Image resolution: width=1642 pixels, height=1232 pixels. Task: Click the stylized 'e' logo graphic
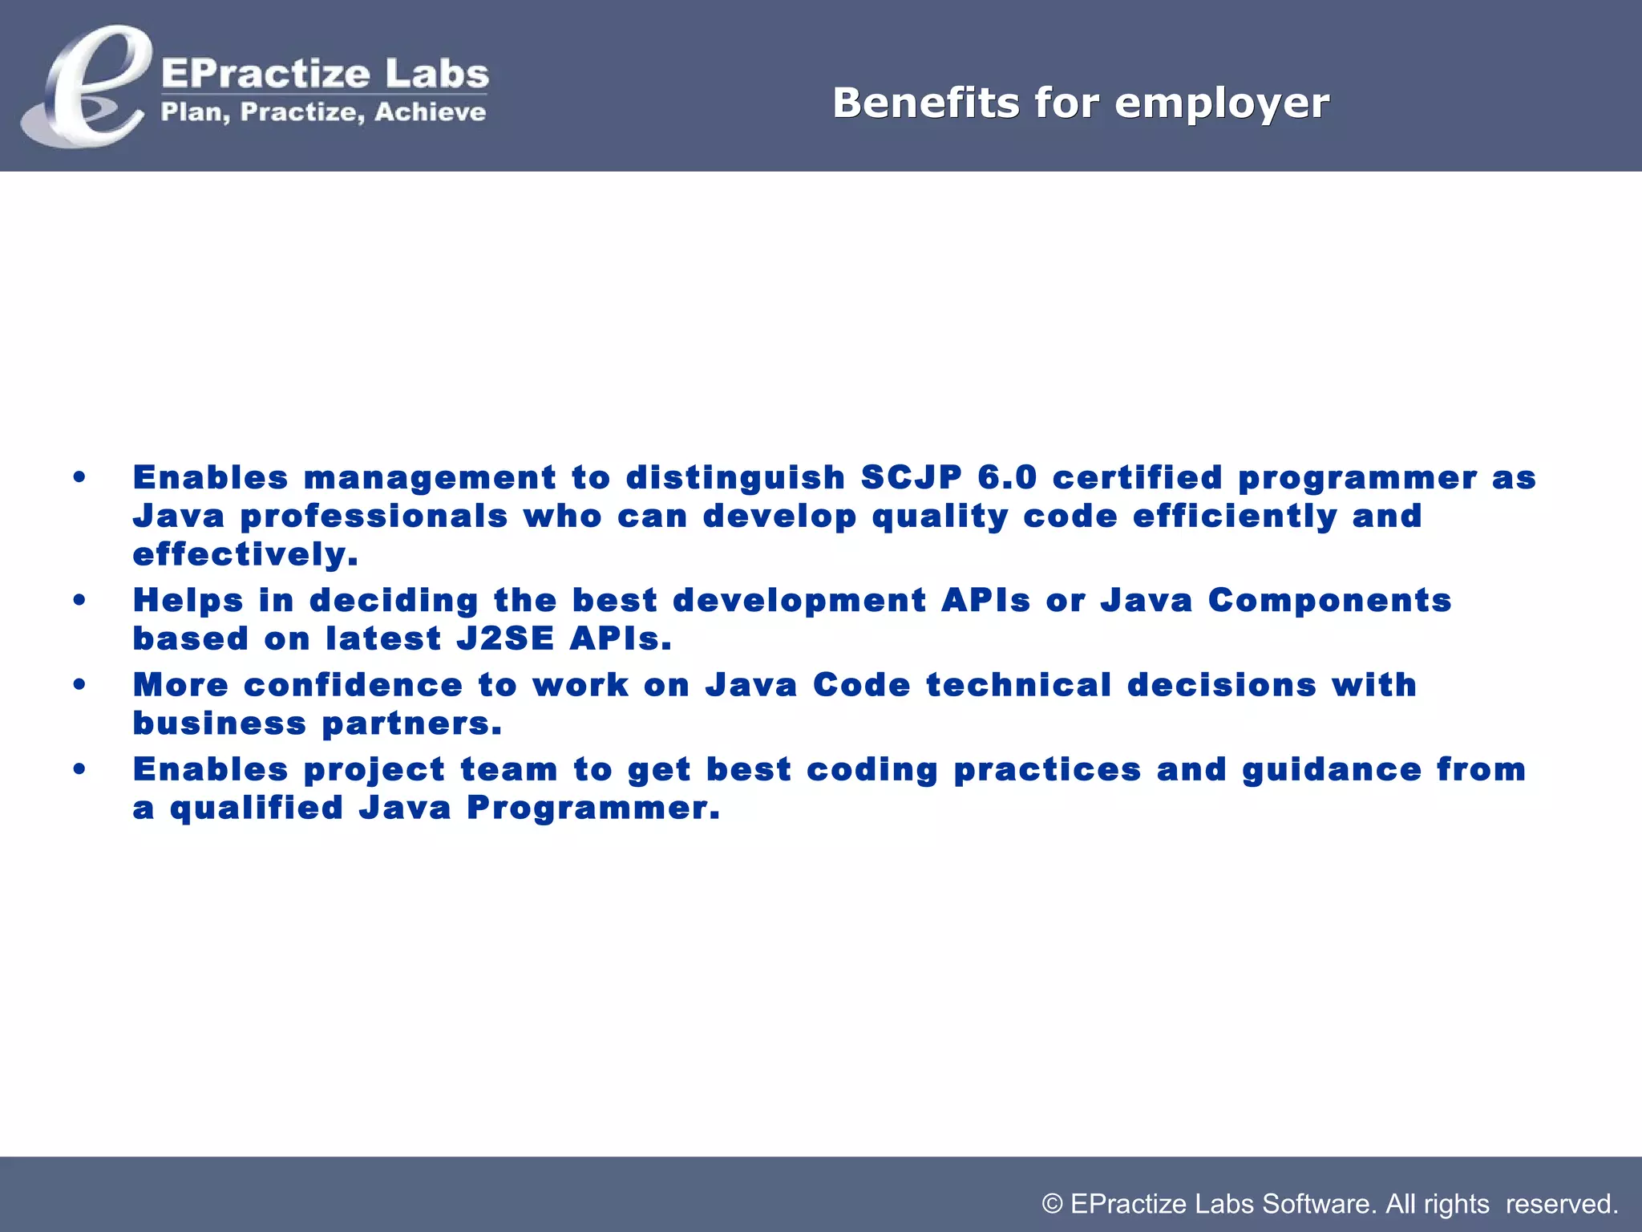coord(84,87)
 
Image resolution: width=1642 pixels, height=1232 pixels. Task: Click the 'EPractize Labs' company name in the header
coord(325,74)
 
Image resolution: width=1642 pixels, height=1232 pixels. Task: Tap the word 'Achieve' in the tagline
coord(430,112)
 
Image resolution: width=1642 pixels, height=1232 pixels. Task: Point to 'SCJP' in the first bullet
coord(911,477)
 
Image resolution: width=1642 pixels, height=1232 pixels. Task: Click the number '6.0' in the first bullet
coord(1007,477)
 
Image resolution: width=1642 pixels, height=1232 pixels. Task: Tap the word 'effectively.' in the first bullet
coord(245,554)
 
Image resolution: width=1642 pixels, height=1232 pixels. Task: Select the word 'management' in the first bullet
coord(430,477)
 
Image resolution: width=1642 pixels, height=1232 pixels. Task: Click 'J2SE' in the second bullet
coord(505,639)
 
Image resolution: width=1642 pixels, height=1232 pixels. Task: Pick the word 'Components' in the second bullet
coord(1329,601)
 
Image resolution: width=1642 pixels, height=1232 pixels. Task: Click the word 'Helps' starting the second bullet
coord(188,601)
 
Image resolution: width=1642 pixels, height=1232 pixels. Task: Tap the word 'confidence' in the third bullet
coord(353,685)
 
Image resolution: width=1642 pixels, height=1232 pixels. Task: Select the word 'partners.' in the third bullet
coord(411,723)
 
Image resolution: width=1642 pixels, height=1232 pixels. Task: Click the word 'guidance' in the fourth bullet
coord(1331,769)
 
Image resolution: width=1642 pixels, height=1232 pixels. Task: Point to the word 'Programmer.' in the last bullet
coord(593,808)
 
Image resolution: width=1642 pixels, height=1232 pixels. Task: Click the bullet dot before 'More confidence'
coord(79,685)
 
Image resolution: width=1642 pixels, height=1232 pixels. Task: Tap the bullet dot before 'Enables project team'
coord(79,769)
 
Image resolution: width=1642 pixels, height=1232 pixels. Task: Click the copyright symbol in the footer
coord(1052,1204)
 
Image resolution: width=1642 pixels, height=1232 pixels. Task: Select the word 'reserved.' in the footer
coord(1562,1204)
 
